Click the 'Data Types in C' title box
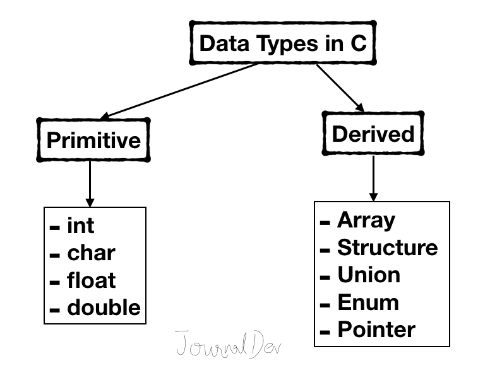[283, 44]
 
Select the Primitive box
[93, 139]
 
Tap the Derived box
[373, 134]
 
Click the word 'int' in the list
[80, 226]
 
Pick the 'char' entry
[91, 253]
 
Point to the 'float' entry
[92, 280]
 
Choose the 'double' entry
[104, 308]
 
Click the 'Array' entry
[366, 220]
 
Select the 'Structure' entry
[387, 248]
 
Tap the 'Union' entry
[369, 275]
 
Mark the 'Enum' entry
[368, 302]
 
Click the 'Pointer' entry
[376, 330]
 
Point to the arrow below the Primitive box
[90, 183]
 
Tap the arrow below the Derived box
[373, 178]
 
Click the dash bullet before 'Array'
[325, 222]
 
